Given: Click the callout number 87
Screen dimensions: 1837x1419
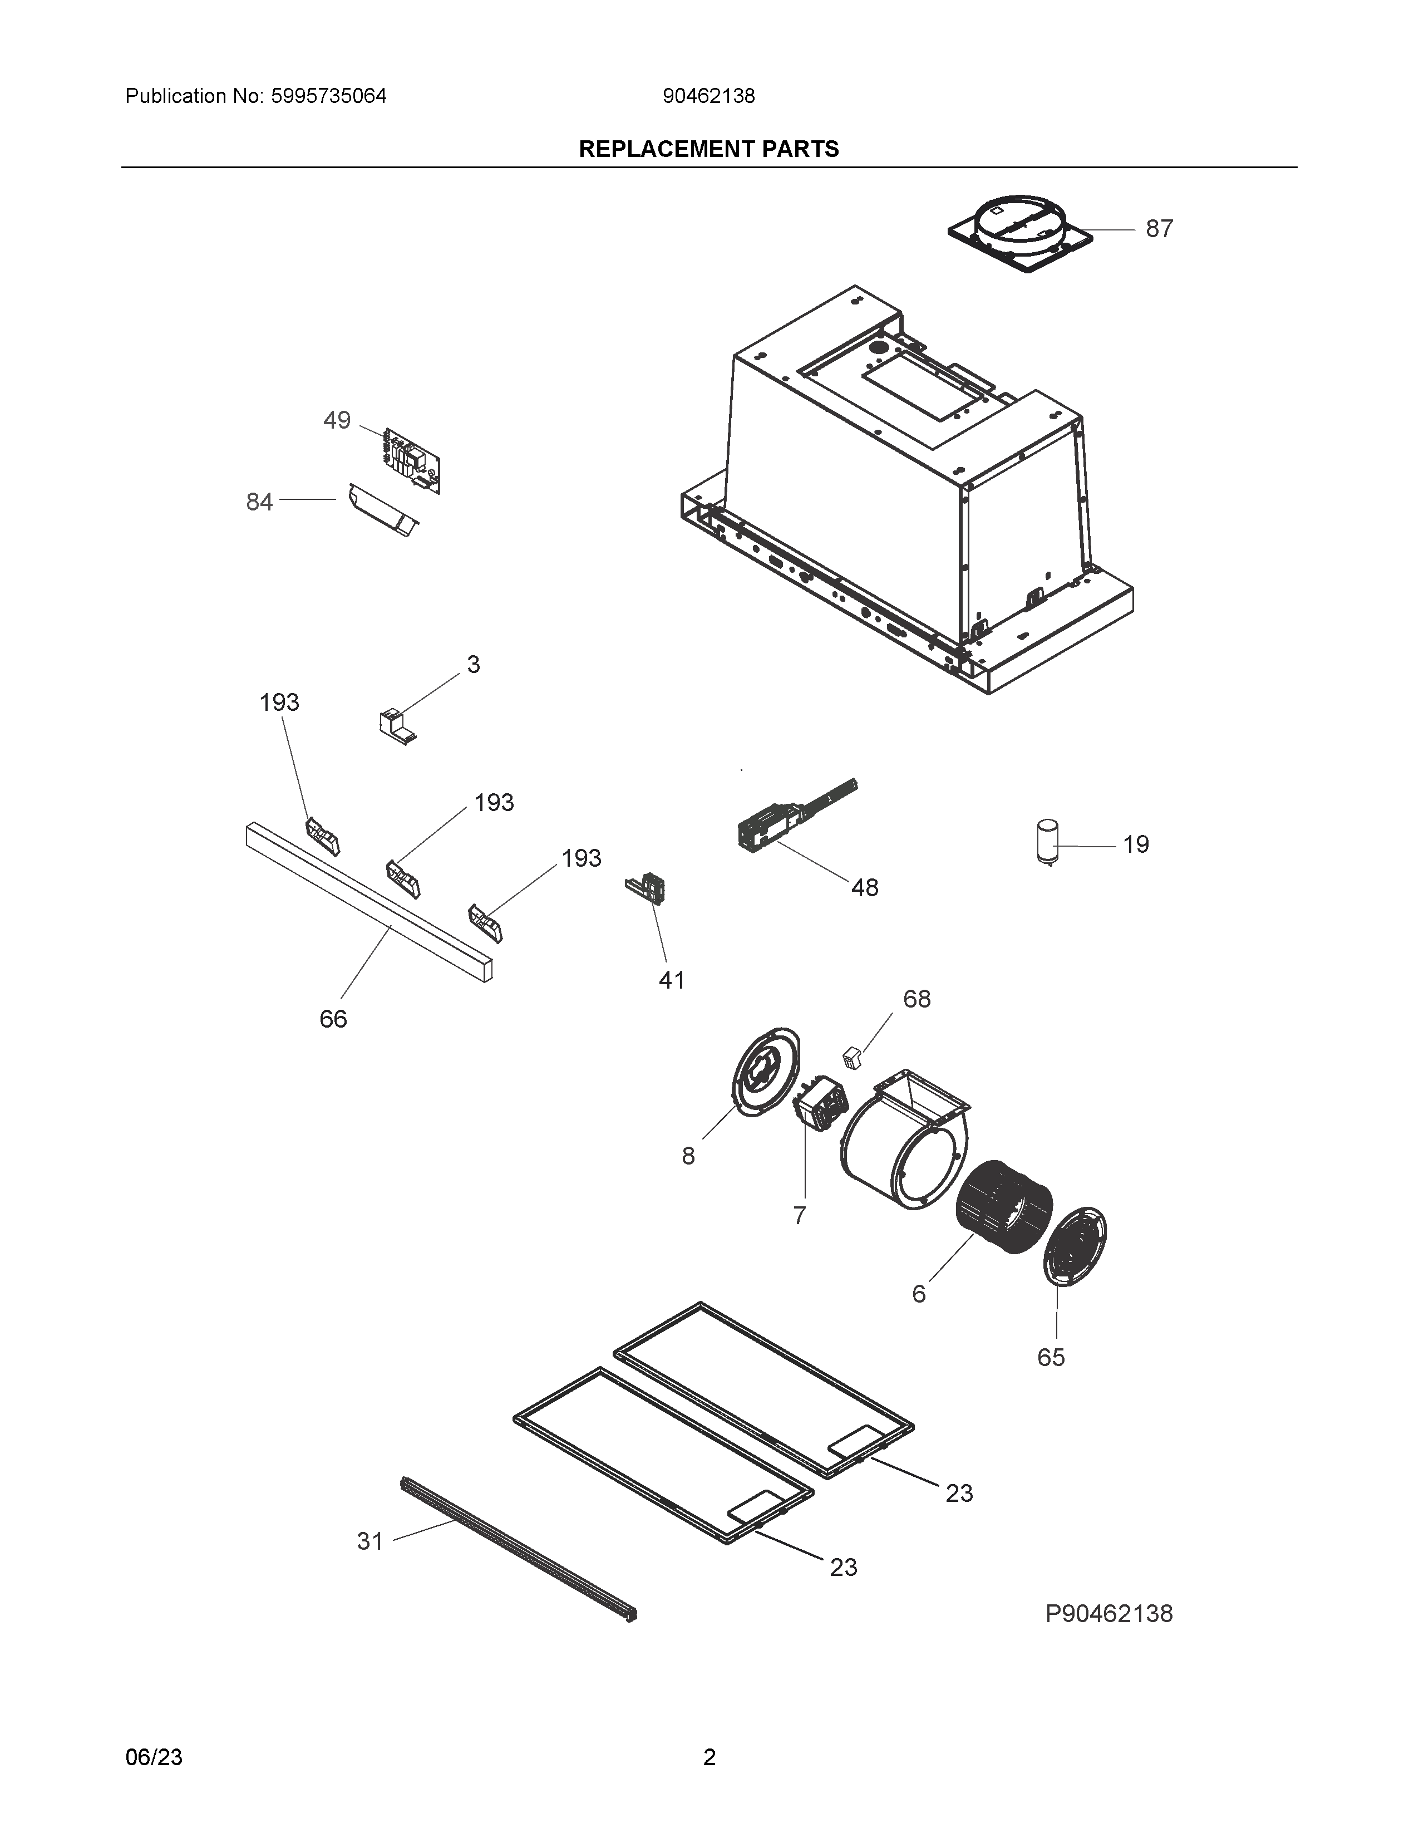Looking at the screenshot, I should click(1159, 229).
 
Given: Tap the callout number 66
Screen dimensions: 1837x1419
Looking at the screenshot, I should click(333, 1019).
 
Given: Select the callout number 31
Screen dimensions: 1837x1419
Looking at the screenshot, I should click(370, 1541).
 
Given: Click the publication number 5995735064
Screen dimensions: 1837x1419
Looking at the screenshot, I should click(329, 97).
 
